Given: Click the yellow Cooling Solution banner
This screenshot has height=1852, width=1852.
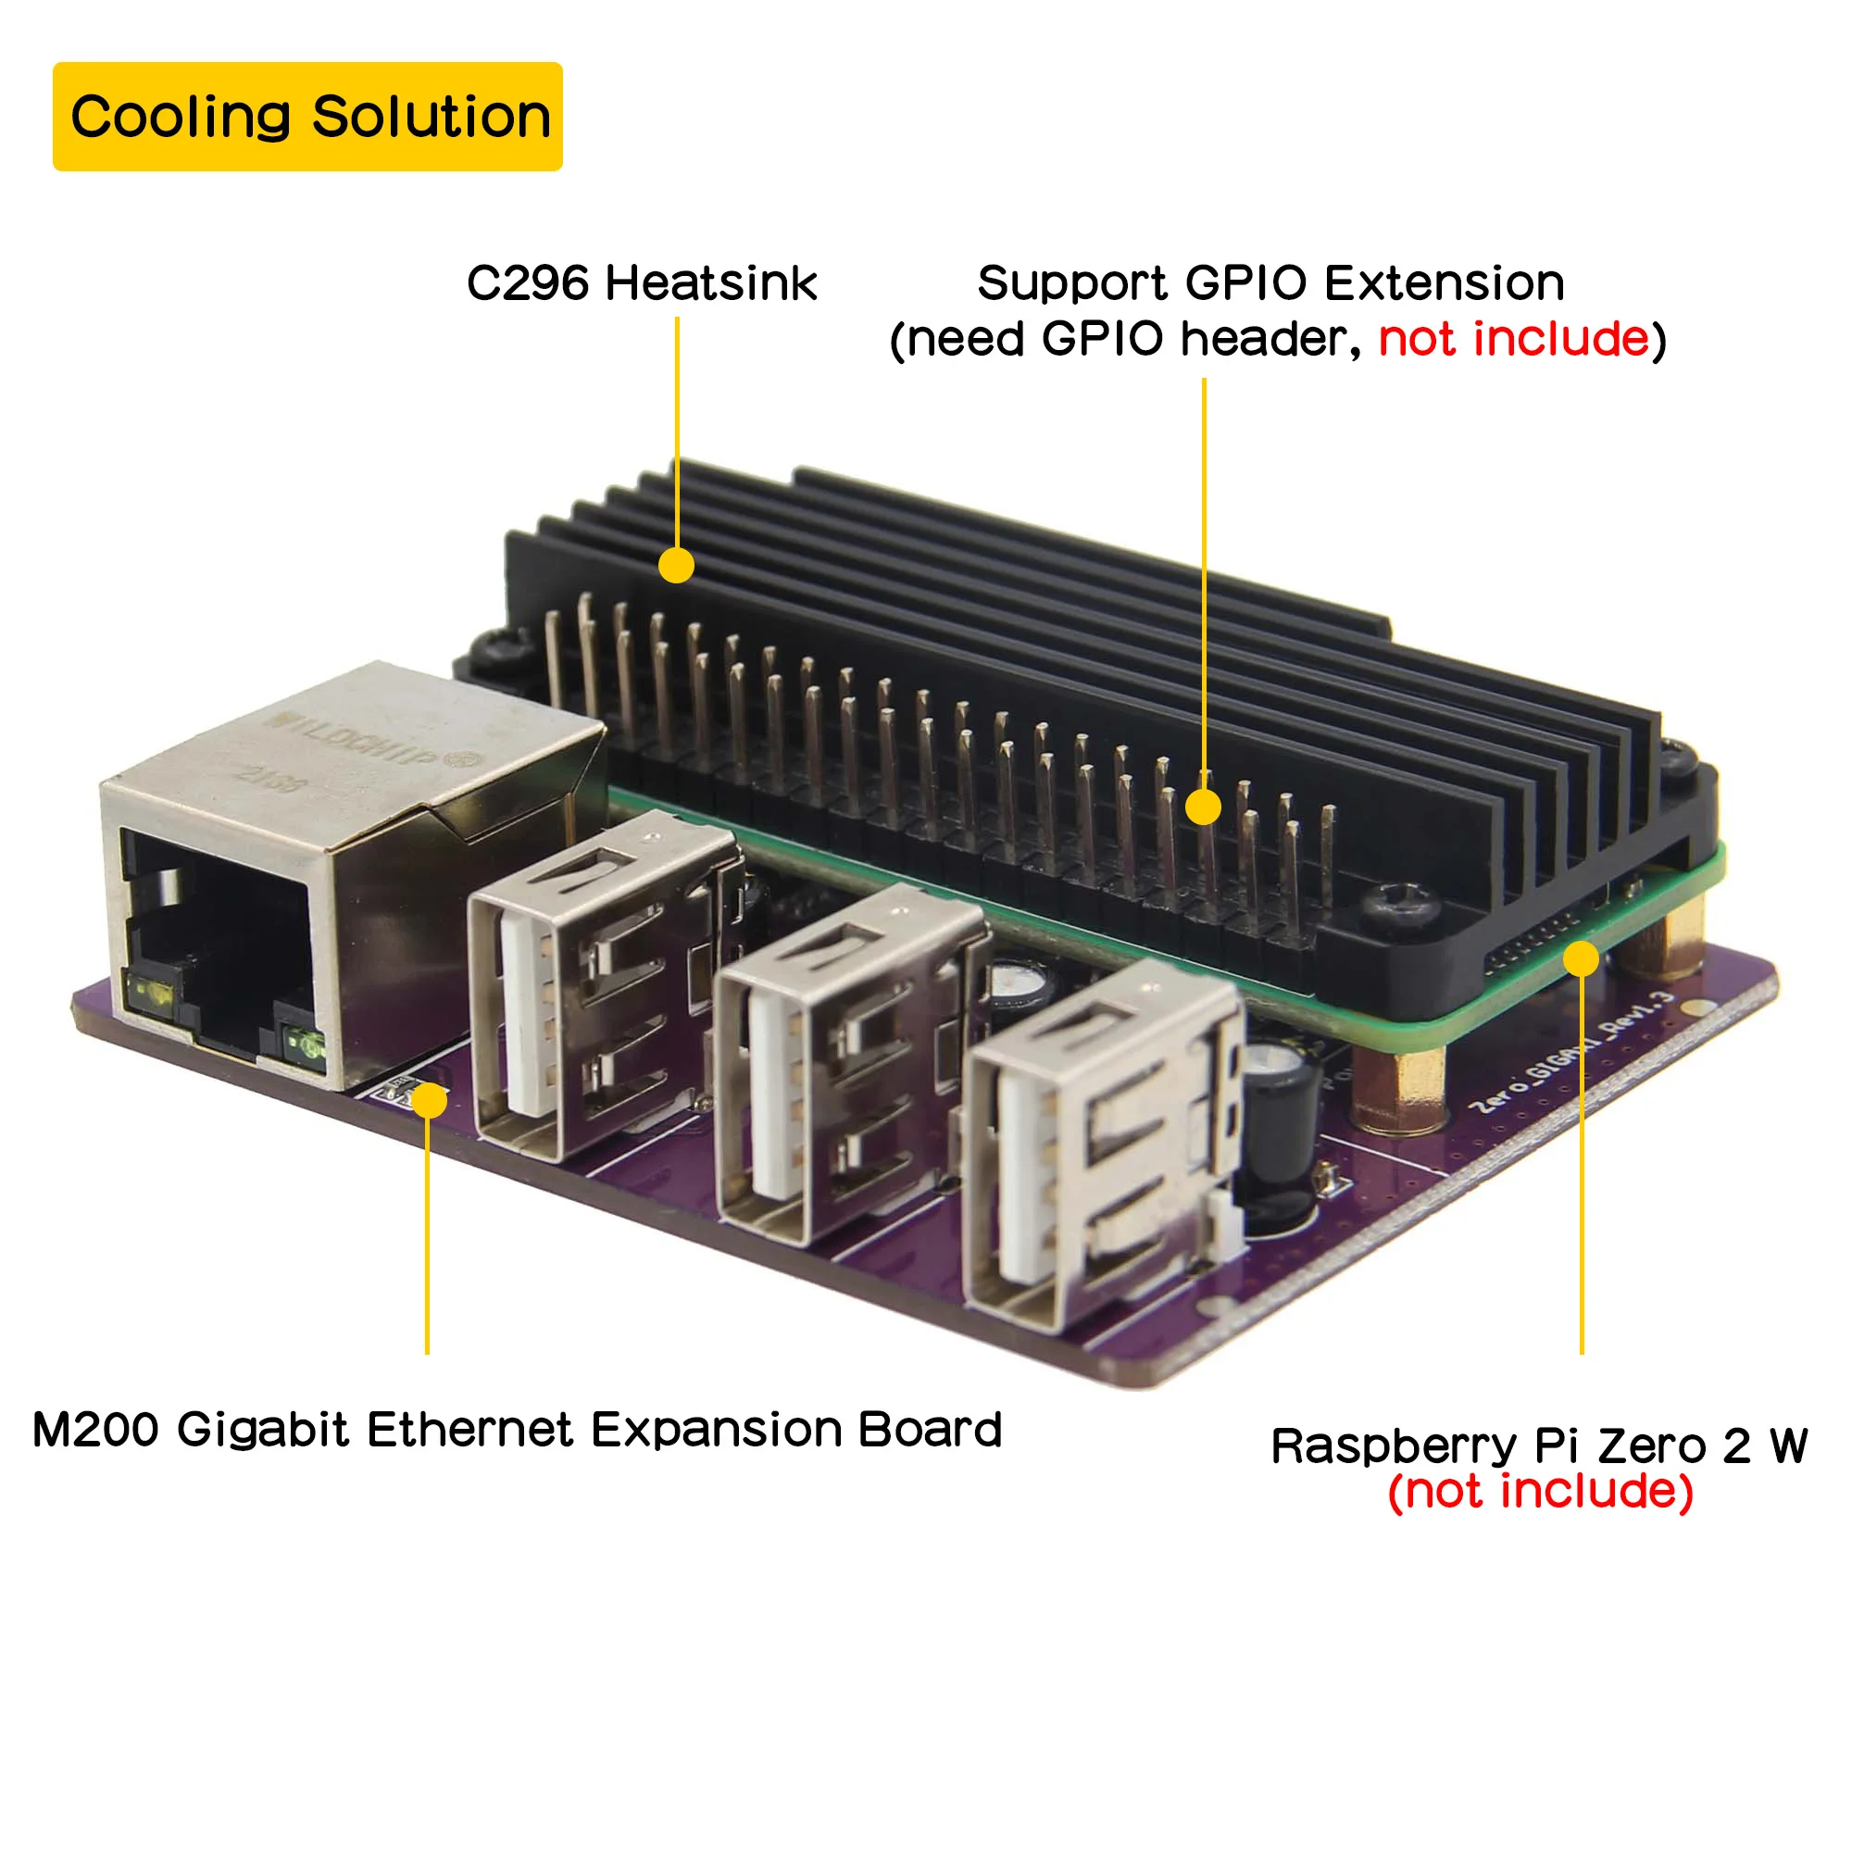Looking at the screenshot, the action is click(x=307, y=117).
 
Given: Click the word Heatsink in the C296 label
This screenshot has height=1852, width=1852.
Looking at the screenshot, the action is click(x=710, y=283).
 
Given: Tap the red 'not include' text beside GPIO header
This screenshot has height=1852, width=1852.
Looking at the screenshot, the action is click(x=1513, y=339).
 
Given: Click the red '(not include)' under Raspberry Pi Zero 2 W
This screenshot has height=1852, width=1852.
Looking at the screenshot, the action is click(x=1540, y=1492).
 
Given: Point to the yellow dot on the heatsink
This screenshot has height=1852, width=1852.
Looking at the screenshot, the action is click(x=677, y=565).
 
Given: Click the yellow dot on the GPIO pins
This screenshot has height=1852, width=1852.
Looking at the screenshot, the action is click(x=1203, y=807).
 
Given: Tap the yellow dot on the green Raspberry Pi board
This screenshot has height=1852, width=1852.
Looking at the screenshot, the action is click(x=1581, y=958).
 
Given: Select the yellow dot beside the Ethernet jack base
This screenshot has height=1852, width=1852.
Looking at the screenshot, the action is click(x=431, y=1100).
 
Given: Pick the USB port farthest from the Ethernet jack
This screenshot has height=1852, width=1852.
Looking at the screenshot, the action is click(x=1102, y=1150).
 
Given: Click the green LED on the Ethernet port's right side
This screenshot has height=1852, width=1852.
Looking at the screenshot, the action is click(x=305, y=1040).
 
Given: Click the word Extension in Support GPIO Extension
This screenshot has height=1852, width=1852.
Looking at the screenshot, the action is click(x=1445, y=283).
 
